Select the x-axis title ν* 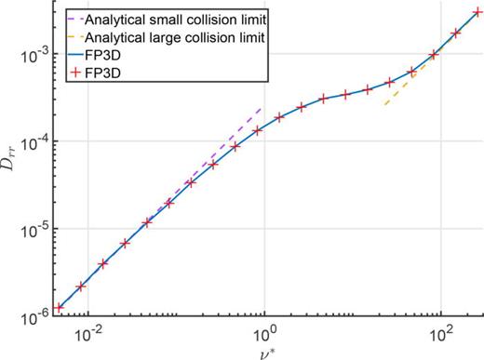(265, 351)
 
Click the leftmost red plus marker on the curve (60, 307)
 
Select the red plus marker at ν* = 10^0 (258, 130)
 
